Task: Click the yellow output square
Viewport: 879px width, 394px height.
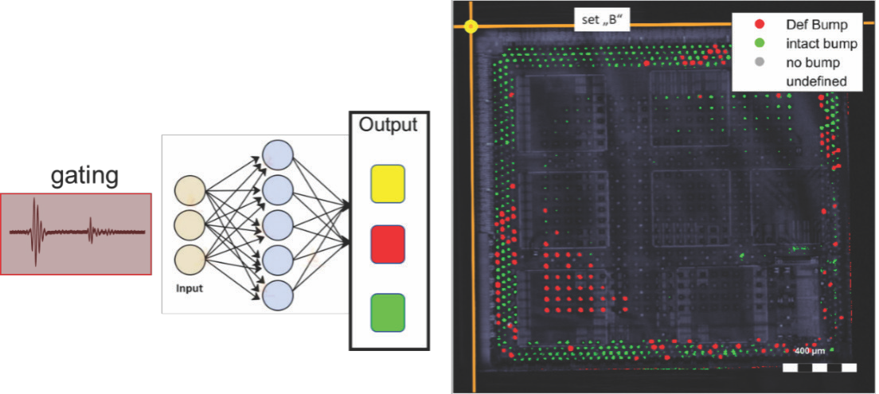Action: point(388,183)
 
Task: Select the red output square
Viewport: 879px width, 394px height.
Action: point(388,244)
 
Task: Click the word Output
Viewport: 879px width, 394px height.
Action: point(388,126)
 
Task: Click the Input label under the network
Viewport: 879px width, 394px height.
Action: point(189,288)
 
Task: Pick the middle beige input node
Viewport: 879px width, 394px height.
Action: point(190,226)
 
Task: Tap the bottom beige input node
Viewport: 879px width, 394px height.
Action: point(190,260)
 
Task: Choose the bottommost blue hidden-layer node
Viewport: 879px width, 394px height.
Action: point(278,295)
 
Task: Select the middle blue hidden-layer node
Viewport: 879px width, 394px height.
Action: point(278,224)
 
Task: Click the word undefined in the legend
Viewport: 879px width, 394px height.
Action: point(814,81)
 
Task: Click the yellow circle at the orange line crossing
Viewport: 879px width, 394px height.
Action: point(471,26)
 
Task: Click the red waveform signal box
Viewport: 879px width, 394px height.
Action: point(76,233)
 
